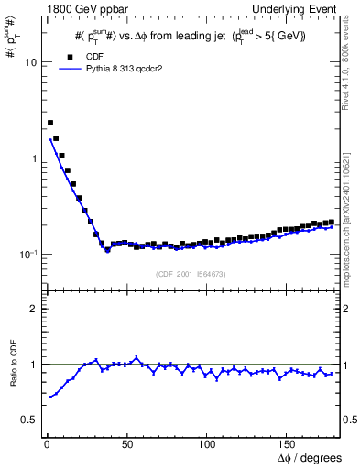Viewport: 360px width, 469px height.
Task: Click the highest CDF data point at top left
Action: coord(50,123)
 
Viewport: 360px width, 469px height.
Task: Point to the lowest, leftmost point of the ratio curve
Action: coord(50,397)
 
